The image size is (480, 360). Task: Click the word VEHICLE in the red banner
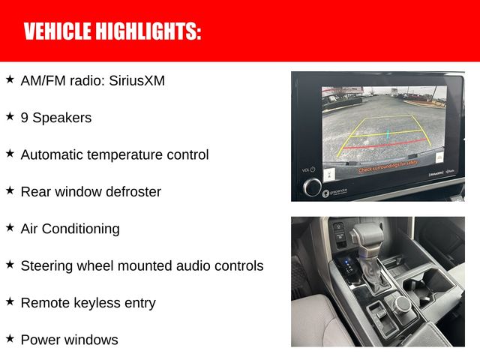[58, 31]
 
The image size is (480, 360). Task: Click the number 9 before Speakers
[25, 118]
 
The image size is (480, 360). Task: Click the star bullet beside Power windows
[10, 338]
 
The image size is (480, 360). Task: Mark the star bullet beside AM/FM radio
[10, 79]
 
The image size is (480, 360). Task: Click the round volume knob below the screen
[312, 185]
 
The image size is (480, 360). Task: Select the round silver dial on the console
[402, 304]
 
